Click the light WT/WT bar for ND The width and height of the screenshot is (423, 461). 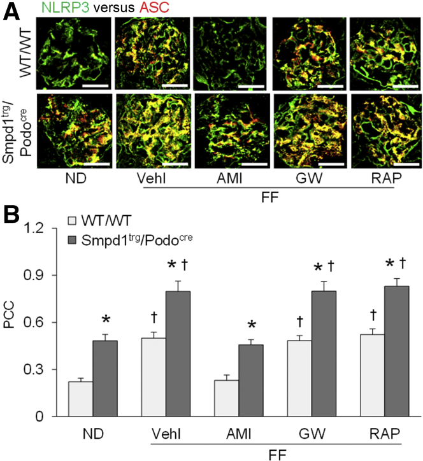click(81, 399)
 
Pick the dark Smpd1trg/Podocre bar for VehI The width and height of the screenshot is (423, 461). click(178, 353)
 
